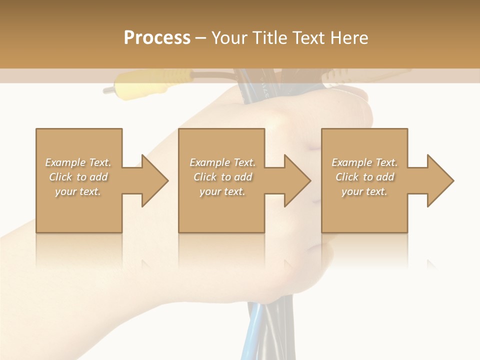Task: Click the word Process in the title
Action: tap(157, 38)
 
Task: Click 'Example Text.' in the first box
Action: tap(78, 162)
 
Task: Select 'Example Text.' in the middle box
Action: tap(222, 162)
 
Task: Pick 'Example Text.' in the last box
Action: tap(364, 162)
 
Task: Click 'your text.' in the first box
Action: tap(78, 191)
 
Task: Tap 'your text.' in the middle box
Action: tap(222, 191)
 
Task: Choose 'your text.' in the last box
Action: tap(364, 191)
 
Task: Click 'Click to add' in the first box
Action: tap(78, 177)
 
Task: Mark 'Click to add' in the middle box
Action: tap(222, 177)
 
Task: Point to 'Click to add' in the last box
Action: tap(364, 177)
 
